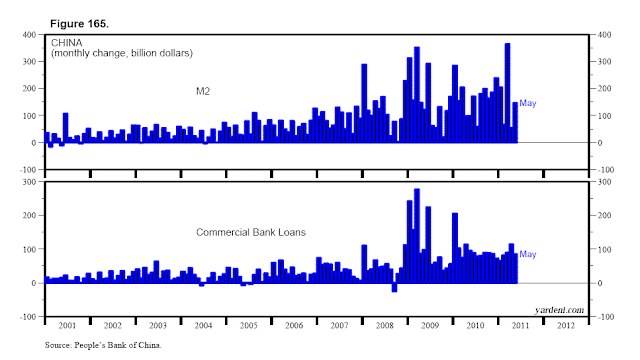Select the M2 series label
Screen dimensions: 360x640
coord(202,90)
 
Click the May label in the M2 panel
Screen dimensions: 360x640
coord(528,104)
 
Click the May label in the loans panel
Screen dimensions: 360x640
coord(528,255)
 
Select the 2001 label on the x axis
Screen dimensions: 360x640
coord(67,326)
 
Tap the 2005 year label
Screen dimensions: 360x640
coord(249,326)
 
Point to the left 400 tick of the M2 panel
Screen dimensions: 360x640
coord(31,35)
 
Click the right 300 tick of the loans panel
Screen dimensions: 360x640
coord(606,182)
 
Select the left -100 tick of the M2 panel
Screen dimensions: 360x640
coord(29,169)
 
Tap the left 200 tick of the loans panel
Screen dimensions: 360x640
coord(31,216)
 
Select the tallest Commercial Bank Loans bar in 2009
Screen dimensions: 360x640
coord(417,235)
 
